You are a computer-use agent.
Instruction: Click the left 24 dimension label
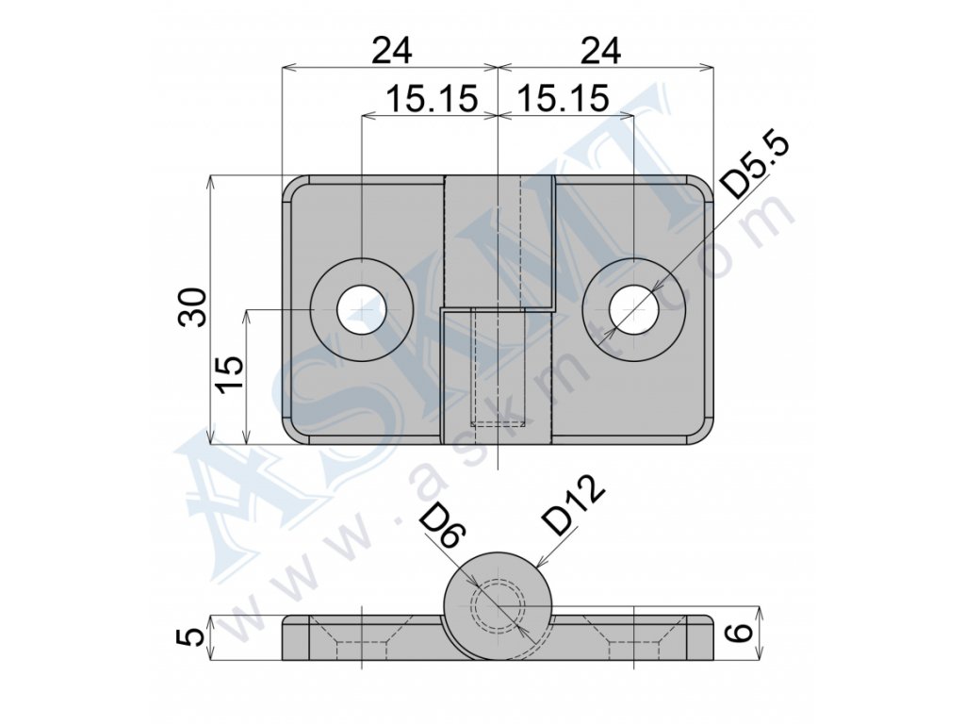click(391, 51)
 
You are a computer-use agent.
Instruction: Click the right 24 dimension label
click(600, 51)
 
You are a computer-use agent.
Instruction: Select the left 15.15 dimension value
click(432, 98)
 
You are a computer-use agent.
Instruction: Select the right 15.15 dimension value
click(564, 98)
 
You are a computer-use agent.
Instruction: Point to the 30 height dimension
click(191, 306)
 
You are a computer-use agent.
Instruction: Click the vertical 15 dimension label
click(229, 373)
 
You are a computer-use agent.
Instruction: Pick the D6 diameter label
click(442, 530)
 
